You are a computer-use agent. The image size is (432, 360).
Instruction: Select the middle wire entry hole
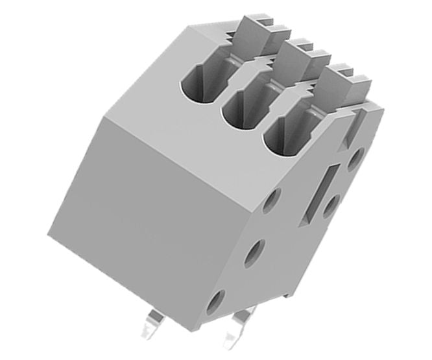tap(241, 108)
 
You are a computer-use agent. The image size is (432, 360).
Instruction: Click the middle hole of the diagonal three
tap(255, 250)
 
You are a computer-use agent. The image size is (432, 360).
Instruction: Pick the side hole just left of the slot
tap(273, 200)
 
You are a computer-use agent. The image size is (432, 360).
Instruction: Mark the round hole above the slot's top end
tap(355, 158)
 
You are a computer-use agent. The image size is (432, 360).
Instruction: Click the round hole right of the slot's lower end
tap(331, 206)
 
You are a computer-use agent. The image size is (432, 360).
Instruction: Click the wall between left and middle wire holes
tap(220, 97)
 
